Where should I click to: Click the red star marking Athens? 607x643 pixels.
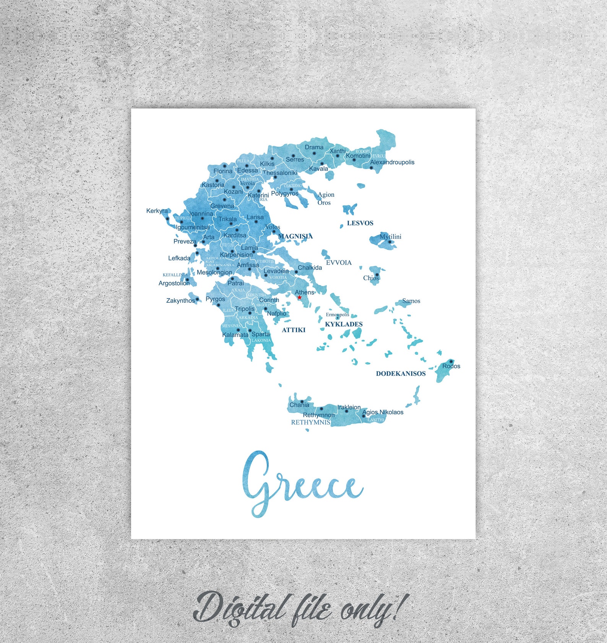(x=299, y=297)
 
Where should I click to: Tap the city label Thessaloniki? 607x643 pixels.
(x=280, y=173)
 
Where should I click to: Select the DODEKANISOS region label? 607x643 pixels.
(x=401, y=373)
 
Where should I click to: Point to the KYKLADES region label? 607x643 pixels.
(x=344, y=324)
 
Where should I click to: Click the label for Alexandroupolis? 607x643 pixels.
(x=392, y=162)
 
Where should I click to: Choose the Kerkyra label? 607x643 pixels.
(x=157, y=211)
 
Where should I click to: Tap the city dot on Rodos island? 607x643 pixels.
(x=451, y=361)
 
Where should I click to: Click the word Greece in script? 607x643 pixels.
(x=302, y=484)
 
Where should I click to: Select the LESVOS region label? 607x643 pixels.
(x=360, y=223)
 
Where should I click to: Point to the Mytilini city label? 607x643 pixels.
(x=390, y=237)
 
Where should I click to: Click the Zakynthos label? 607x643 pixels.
(x=180, y=300)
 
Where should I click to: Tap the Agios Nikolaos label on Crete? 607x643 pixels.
(x=383, y=412)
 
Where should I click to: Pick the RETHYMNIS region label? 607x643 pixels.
(x=310, y=422)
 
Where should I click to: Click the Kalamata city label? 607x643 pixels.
(x=235, y=335)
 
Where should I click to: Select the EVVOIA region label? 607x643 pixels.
(x=339, y=263)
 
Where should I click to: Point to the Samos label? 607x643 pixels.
(x=411, y=301)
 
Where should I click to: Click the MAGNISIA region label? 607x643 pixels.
(x=295, y=236)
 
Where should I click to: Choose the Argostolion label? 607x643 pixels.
(x=174, y=283)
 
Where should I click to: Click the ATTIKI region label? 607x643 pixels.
(x=294, y=330)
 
